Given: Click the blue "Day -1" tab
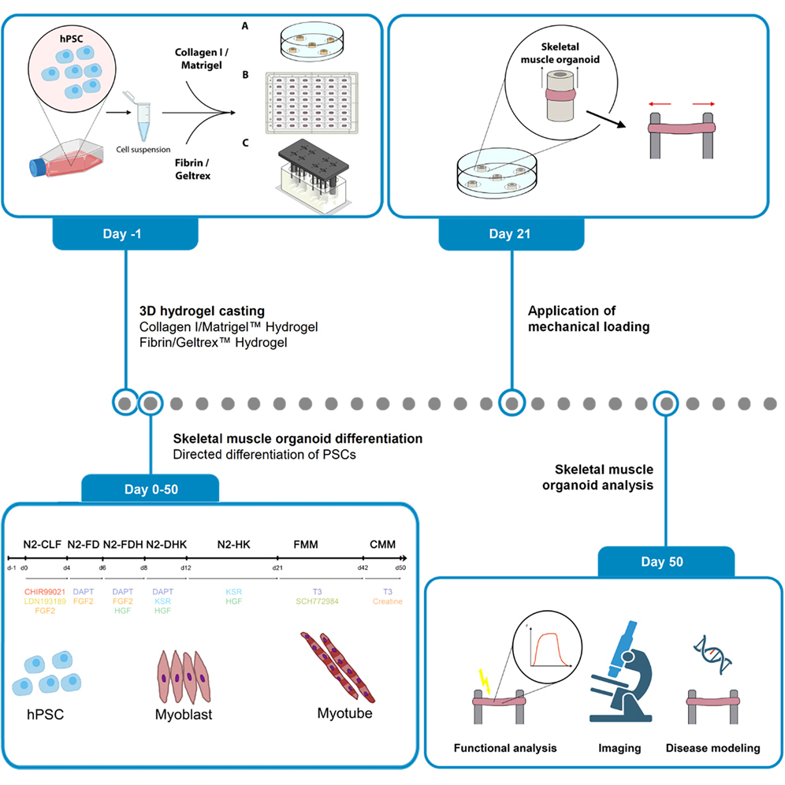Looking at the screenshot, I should pos(124,234).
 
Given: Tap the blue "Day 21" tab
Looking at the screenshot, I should pos(511,234).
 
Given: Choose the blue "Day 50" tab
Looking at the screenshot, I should pos(667,563).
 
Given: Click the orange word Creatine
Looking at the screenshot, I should pos(388,601).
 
